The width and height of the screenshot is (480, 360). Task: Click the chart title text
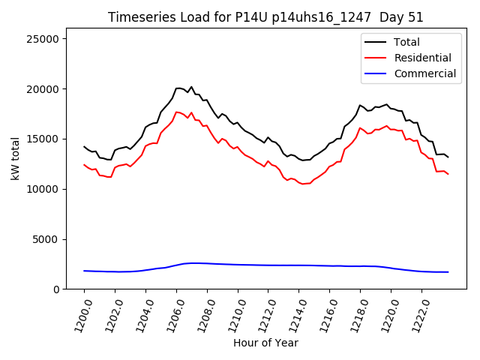point(271,17)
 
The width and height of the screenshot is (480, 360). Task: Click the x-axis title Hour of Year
point(265,343)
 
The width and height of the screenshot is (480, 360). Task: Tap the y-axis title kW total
point(15,159)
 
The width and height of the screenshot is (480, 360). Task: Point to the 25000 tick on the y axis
point(50,39)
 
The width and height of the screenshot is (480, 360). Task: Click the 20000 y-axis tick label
point(50,89)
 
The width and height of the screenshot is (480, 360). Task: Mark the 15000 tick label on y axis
point(50,139)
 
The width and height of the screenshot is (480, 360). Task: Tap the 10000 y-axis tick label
point(50,189)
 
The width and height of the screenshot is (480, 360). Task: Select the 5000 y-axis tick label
point(53,239)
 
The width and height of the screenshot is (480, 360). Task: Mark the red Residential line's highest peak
point(178,112)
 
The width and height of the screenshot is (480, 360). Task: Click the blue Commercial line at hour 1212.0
point(268,265)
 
